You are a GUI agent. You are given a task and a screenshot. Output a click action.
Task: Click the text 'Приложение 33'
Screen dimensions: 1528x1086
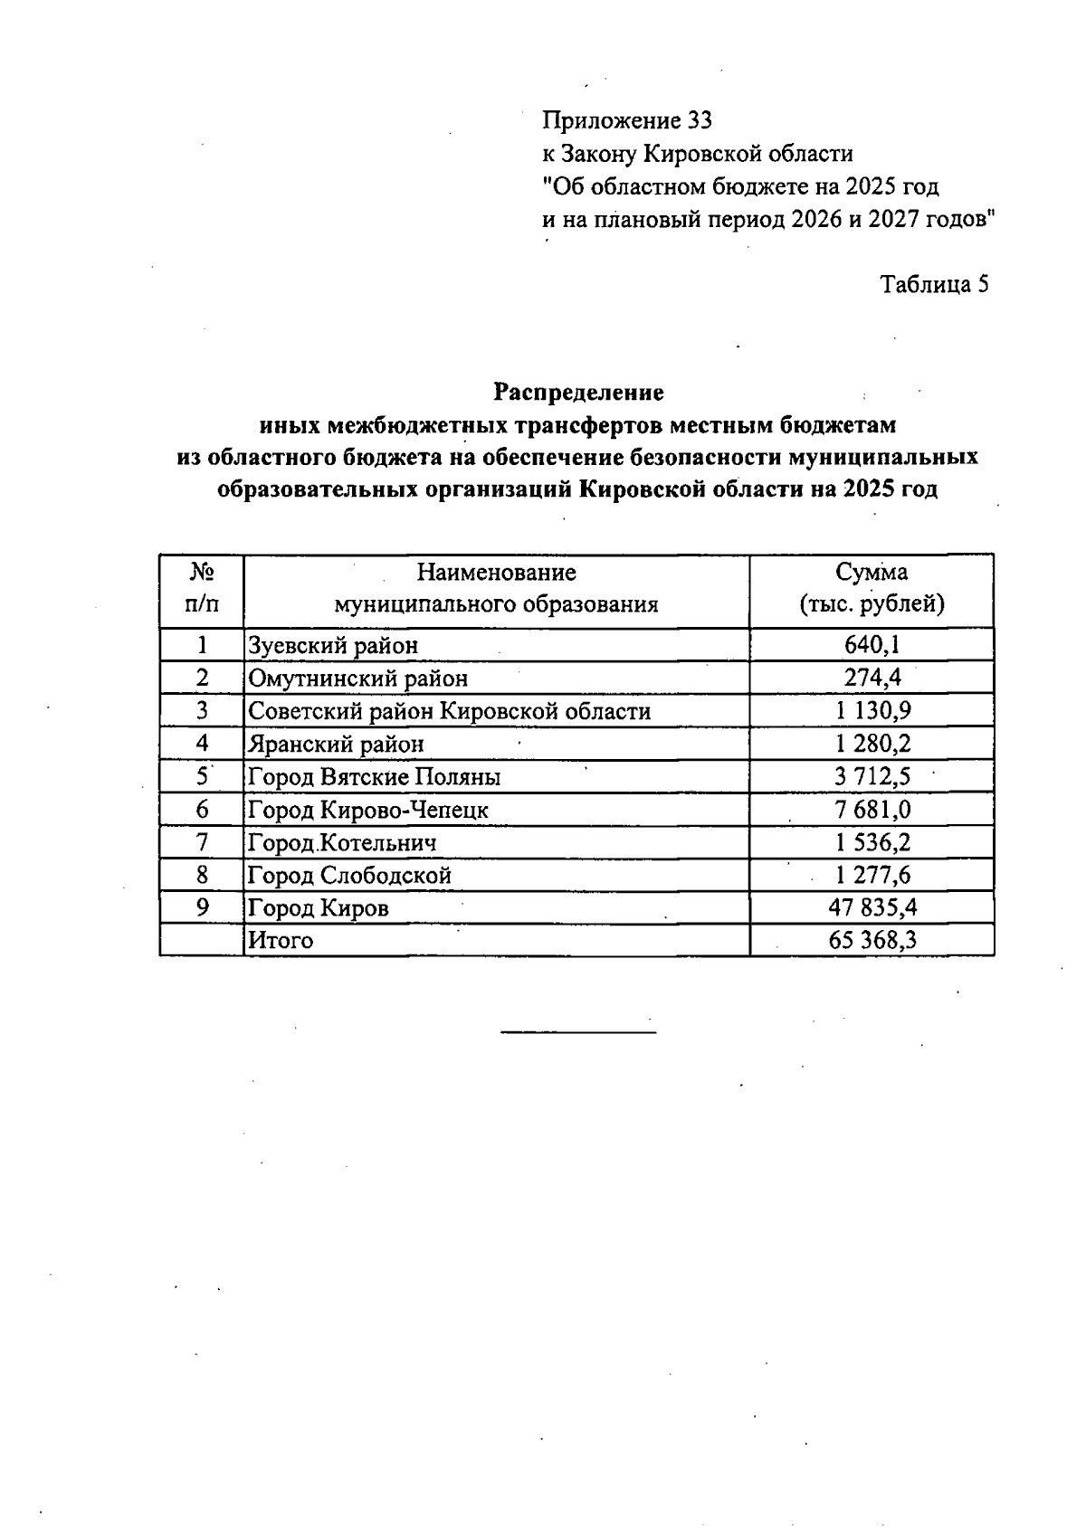pos(627,120)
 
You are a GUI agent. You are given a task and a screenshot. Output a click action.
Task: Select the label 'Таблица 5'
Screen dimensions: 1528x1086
pos(935,285)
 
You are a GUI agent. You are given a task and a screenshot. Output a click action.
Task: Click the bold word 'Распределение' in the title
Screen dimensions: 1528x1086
pos(578,393)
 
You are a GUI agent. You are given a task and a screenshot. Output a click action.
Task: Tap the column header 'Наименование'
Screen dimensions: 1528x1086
pos(496,573)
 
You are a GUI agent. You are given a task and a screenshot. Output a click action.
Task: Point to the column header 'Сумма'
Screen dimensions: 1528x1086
pos(872,573)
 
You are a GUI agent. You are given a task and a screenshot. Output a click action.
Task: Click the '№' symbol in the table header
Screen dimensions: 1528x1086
pos(202,573)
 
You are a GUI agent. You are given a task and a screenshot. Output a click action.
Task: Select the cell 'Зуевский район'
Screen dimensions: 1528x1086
pos(333,646)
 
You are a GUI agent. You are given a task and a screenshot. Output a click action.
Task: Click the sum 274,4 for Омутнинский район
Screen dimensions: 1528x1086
pos(872,678)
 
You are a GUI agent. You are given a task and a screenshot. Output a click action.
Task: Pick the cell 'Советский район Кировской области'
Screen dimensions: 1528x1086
pos(449,711)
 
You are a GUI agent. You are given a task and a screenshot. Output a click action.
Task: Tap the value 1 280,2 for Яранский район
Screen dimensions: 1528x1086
pos(872,744)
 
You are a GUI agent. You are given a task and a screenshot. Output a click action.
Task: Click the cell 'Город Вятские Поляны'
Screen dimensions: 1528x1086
pos(374,777)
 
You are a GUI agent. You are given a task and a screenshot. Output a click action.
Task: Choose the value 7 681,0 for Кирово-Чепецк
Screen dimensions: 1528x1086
pos(872,810)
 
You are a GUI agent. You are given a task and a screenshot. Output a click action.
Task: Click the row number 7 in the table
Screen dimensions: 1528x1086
pos(202,842)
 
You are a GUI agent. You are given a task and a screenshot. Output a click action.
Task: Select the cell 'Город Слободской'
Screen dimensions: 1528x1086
pos(349,876)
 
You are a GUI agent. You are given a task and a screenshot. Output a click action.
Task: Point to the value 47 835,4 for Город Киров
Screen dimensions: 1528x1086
pos(872,907)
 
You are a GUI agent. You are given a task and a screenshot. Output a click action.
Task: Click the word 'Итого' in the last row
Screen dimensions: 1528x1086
pos(281,941)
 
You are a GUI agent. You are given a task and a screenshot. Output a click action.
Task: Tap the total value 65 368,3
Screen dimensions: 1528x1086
pos(872,941)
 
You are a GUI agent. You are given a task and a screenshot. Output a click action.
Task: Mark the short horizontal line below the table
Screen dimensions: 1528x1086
pos(577,1031)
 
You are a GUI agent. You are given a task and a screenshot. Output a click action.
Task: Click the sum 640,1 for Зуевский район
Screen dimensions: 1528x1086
pos(872,645)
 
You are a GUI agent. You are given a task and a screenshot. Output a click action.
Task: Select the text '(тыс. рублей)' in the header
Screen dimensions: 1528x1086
pos(872,604)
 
